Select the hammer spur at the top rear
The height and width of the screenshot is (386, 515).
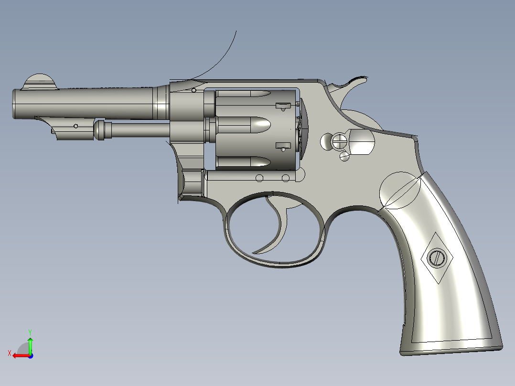[356, 83]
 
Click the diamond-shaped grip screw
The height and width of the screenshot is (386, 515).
[436, 258]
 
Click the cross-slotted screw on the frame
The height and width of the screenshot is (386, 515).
[340, 141]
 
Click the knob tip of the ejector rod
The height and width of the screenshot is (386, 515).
[100, 130]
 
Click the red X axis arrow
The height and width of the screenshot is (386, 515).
[17, 355]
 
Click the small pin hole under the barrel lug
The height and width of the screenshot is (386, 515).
[75, 126]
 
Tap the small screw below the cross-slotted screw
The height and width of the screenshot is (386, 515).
[344, 155]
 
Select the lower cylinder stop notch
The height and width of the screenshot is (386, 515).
[283, 146]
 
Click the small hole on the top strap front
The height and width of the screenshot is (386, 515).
[193, 90]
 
